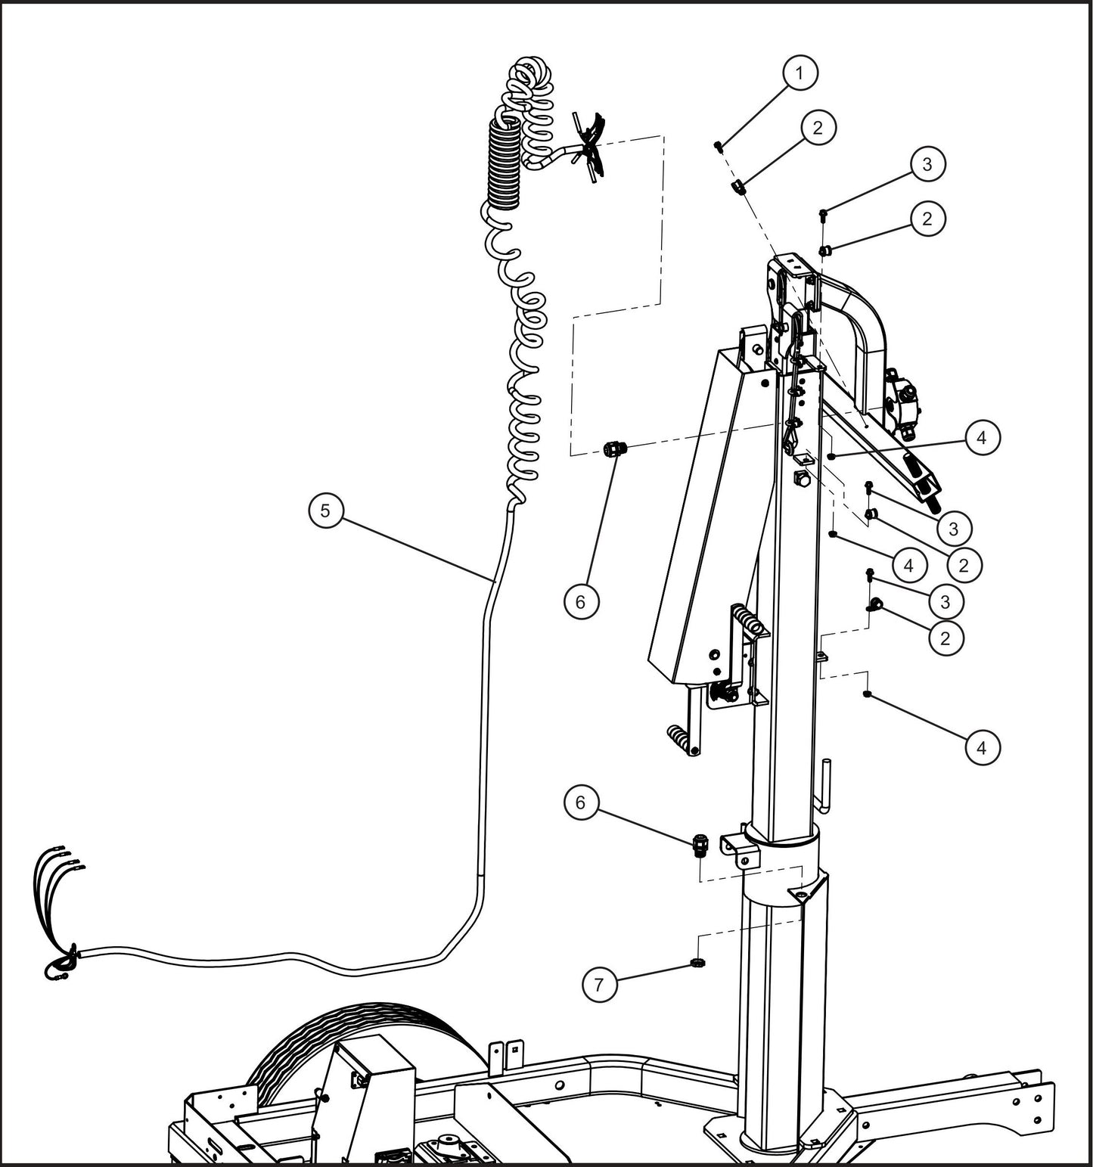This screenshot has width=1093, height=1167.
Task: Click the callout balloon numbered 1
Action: [x=800, y=73]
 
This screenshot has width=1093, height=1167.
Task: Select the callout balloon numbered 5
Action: [x=325, y=510]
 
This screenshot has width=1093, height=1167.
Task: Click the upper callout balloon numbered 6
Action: [x=580, y=601]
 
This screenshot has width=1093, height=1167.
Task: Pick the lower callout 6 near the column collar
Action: [x=580, y=802]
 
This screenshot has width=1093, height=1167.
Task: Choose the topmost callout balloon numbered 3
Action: [x=928, y=163]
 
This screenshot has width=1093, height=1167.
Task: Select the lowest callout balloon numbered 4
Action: [x=982, y=747]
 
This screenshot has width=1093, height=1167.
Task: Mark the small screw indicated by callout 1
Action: [x=719, y=146]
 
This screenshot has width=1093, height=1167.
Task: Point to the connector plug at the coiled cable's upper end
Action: [x=591, y=147]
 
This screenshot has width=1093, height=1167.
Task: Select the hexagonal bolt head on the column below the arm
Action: [x=802, y=478]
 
